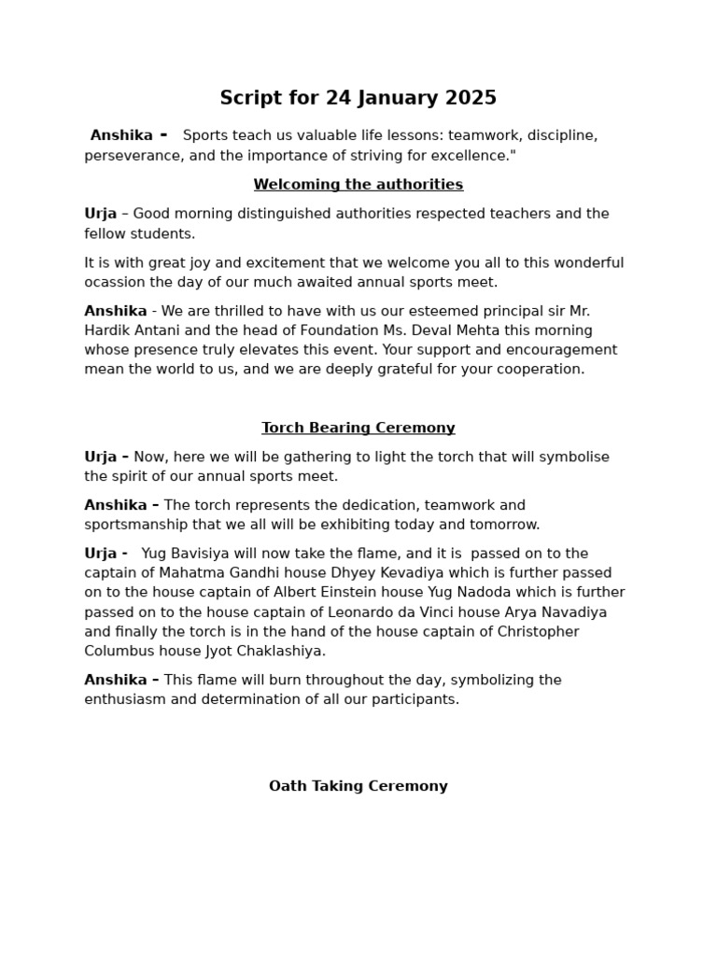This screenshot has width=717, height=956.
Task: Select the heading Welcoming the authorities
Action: (x=358, y=185)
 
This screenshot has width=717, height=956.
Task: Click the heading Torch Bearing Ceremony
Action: (x=358, y=429)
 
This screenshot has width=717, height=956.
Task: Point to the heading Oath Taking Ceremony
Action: (x=358, y=787)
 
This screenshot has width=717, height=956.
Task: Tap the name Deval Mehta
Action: (x=377, y=330)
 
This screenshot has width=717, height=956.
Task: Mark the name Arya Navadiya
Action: (x=557, y=612)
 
